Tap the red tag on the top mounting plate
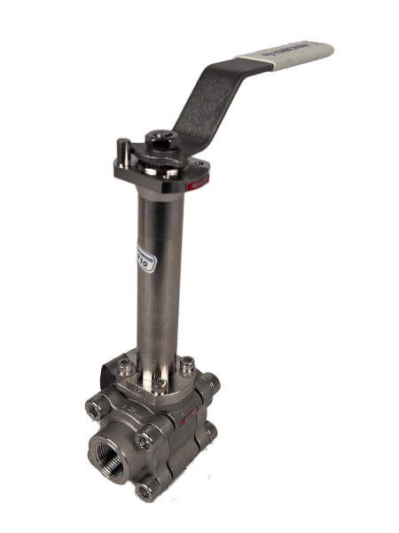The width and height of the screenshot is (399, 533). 201,182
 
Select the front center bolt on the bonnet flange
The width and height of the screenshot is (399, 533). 157,385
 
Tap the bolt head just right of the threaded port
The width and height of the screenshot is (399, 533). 148,434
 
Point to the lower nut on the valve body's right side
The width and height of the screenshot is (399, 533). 210,434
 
